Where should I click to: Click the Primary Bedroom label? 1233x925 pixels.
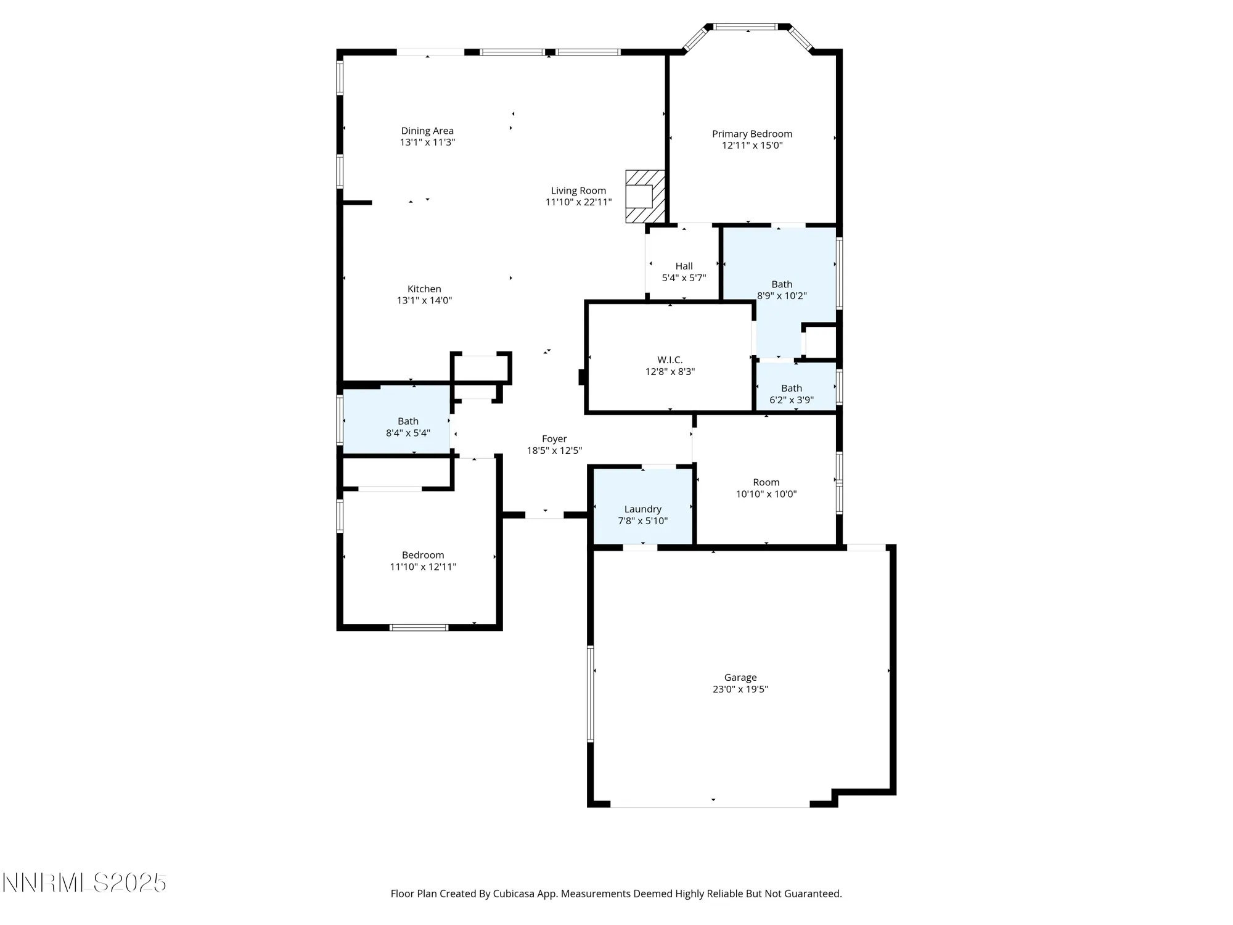[x=752, y=134]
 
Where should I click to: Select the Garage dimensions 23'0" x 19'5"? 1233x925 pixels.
[x=740, y=689]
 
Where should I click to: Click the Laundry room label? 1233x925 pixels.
[x=642, y=509]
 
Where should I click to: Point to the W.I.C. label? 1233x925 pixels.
[x=670, y=360]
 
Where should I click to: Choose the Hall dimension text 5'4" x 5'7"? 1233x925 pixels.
[x=684, y=278]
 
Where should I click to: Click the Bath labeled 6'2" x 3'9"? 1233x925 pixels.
[x=792, y=388]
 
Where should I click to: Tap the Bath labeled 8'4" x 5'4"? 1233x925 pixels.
[x=408, y=422]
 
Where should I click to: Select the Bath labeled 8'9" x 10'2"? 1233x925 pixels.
[x=782, y=284]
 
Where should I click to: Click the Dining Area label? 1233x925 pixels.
[x=427, y=131]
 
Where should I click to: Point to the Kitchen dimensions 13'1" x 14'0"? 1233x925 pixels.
[x=424, y=301]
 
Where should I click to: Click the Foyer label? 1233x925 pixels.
[x=554, y=439]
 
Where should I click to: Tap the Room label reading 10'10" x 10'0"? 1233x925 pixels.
[x=766, y=483]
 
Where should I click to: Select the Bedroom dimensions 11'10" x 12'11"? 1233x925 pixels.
[x=423, y=567]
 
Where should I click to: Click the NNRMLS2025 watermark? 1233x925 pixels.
[x=84, y=883]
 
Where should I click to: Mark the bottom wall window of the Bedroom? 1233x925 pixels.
[x=419, y=628]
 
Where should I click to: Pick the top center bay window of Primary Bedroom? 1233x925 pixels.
[x=746, y=27]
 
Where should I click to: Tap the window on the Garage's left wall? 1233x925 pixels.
[x=591, y=693]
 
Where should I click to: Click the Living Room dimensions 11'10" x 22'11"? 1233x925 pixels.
[x=578, y=202]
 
